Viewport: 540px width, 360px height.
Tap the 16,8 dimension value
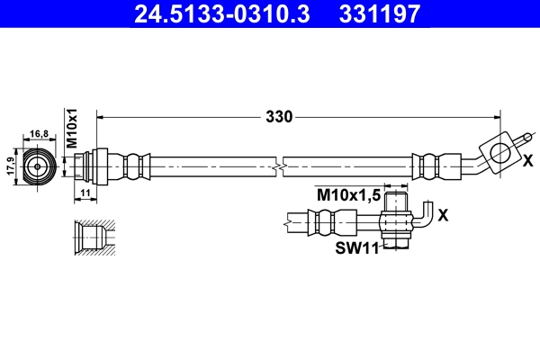point(39,134)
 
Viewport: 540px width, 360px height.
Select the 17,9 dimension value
point(11,167)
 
